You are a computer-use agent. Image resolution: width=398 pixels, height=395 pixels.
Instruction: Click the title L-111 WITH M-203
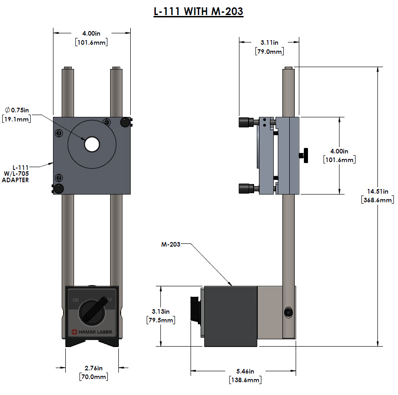click(198, 11)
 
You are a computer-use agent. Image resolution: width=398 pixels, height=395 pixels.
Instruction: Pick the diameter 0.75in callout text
click(16, 110)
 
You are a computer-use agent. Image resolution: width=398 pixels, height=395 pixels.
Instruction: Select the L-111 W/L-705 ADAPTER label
click(20, 174)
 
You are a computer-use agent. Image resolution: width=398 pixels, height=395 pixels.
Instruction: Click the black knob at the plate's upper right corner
click(125, 122)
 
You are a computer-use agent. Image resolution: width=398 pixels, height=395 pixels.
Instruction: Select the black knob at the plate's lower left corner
click(59, 189)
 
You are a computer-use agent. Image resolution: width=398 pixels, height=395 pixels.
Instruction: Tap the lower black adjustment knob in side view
click(245, 188)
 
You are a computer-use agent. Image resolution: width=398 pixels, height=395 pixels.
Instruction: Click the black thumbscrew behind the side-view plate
click(304, 155)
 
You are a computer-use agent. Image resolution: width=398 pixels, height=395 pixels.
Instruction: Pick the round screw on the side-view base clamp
click(288, 312)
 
